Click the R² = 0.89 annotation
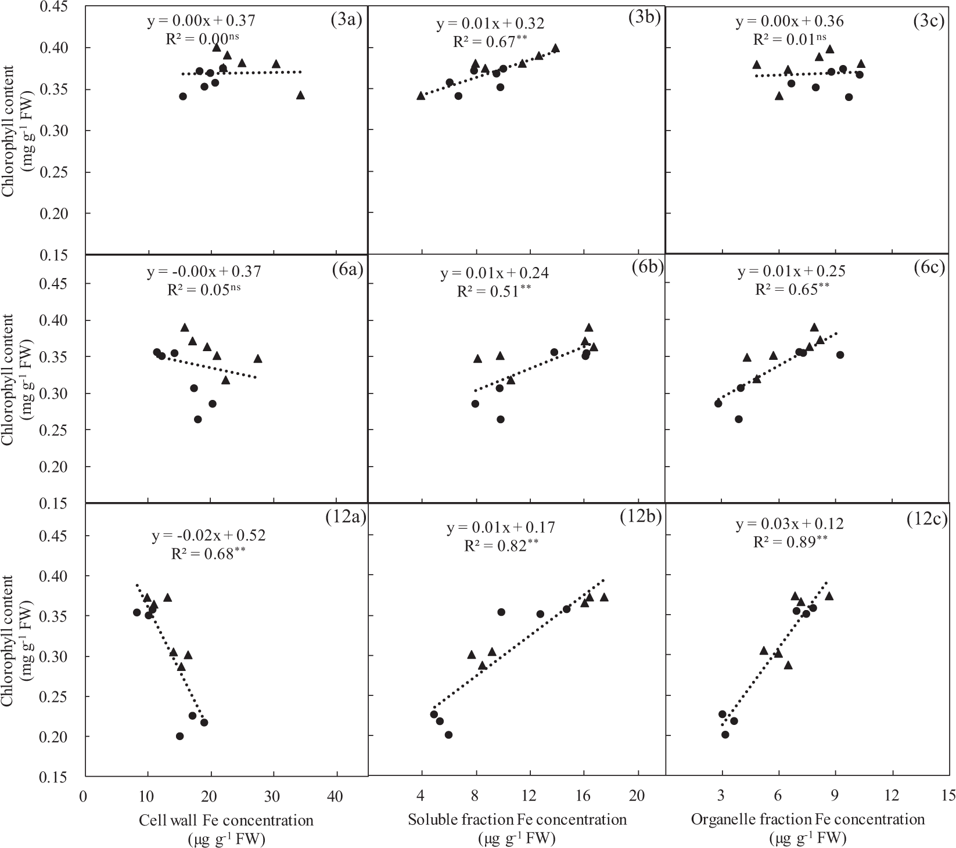[790, 542]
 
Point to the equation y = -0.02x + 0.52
[209, 535]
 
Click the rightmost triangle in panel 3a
[300, 95]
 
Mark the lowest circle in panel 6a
[197, 419]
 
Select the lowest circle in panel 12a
[179, 736]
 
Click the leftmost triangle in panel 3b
[421, 96]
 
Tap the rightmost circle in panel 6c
[839, 355]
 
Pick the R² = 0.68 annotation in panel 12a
[209, 553]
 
